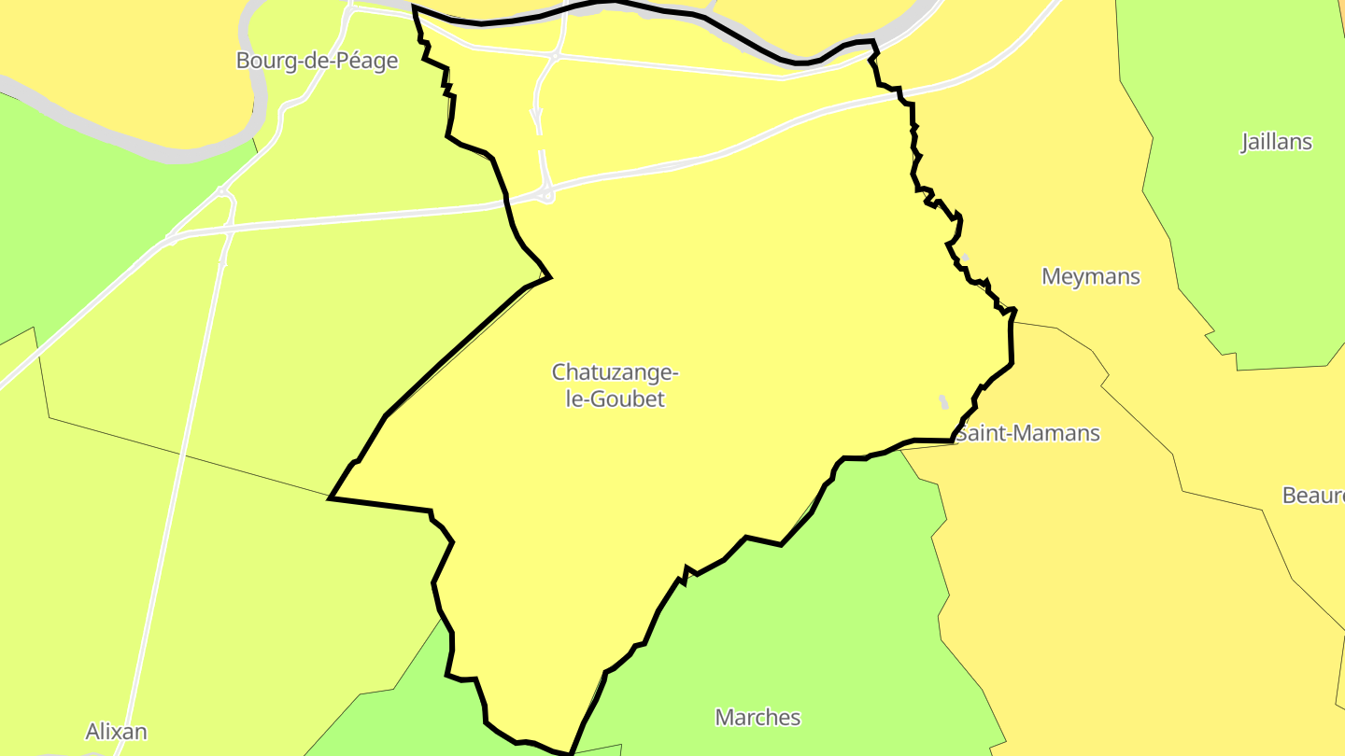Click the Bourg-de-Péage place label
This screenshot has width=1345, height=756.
point(317,61)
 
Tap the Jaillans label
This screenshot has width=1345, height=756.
point(1276,142)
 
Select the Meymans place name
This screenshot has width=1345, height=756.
point(1090,276)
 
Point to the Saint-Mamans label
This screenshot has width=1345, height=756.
point(1027,433)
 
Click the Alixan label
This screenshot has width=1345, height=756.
point(116,731)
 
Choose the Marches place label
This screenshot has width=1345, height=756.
point(757,717)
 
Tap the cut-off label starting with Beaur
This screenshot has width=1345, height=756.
point(1313,496)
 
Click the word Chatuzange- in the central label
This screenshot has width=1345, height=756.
point(615,372)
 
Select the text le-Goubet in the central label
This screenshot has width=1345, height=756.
point(615,399)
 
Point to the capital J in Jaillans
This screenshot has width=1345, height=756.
point(1246,142)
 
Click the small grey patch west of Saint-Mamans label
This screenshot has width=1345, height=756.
point(943,401)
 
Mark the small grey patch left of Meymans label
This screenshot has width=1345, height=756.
point(965,258)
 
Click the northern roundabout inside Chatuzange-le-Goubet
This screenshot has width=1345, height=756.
point(554,56)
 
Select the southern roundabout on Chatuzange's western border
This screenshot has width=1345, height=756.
point(546,195)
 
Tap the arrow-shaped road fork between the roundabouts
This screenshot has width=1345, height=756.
point(537,116)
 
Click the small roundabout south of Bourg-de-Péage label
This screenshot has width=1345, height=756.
point(224,193)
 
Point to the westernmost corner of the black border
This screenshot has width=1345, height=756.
point(330,498)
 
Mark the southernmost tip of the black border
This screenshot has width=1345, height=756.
point(569,752)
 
